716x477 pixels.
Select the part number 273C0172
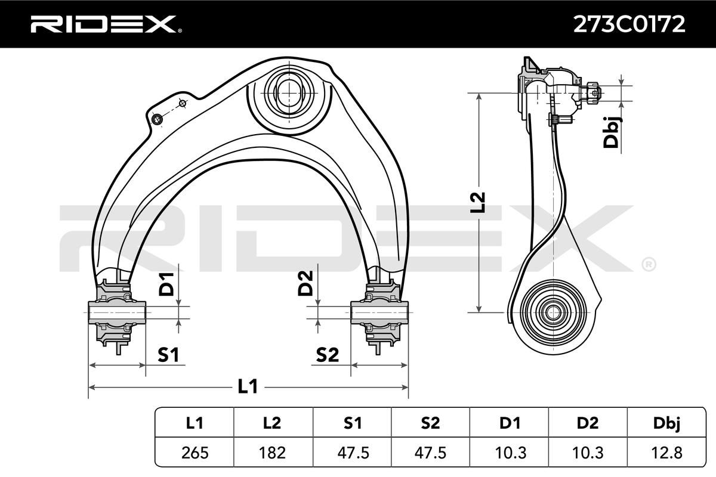pos(629,24)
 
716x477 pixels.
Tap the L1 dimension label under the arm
pos(247,387)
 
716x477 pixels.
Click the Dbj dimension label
pos(612,132)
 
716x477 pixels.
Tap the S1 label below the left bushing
pos(168,356)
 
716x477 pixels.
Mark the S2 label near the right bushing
pos(327,356)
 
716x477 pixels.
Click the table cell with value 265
pos(195,453)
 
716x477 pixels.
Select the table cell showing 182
pos(273,453)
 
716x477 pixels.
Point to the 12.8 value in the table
pos(667,453)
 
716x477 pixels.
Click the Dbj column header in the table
pos(667,423)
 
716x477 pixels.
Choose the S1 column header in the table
pos(352,423)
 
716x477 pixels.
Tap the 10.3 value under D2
pos(588,453)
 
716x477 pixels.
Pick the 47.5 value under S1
pos(352,453)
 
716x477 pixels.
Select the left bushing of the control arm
pos(116,311)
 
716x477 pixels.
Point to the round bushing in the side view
pos(552,311)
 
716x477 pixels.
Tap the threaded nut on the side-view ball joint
pos(593,92)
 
